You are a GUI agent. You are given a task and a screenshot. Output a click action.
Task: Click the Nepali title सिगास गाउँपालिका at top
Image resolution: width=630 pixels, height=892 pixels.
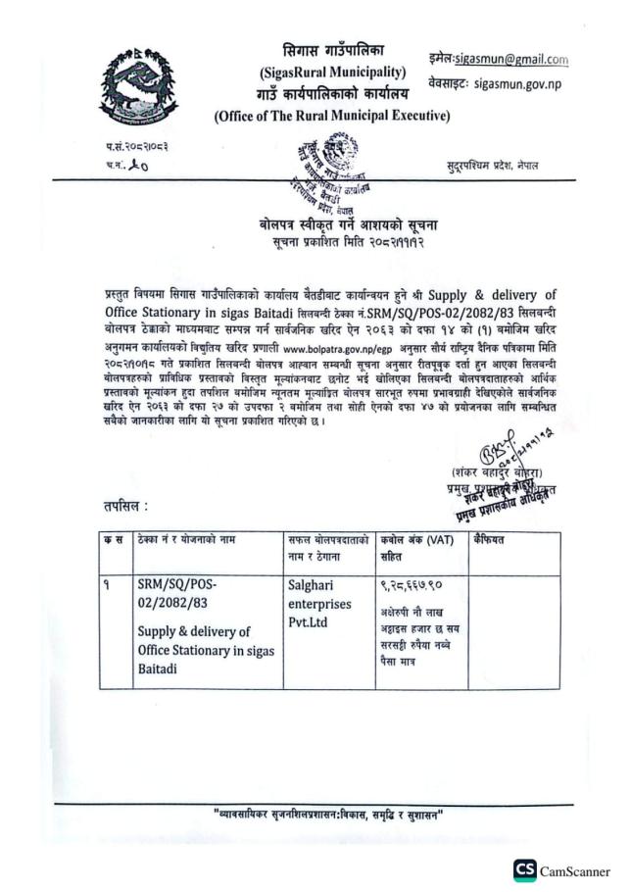[332, 50]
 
